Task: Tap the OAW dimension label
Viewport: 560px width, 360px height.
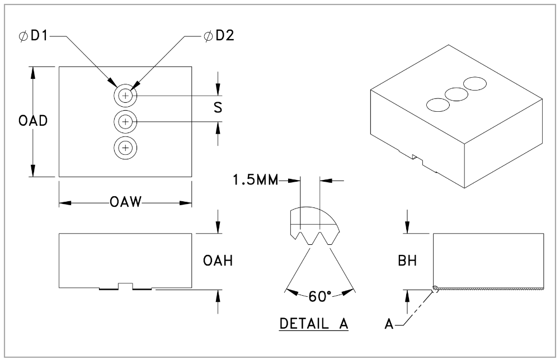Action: (126, 202)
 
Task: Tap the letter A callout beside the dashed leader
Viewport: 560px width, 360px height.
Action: (389, 323)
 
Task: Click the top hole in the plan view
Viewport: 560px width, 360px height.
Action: (125, 96)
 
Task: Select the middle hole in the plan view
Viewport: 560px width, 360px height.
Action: (125, 121)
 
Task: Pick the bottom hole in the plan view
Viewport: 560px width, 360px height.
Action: (125, 148)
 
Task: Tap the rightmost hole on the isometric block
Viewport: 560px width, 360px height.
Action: (476, 84)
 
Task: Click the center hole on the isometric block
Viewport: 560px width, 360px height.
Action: (457, 94)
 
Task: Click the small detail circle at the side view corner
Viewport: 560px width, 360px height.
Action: (435, 288)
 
